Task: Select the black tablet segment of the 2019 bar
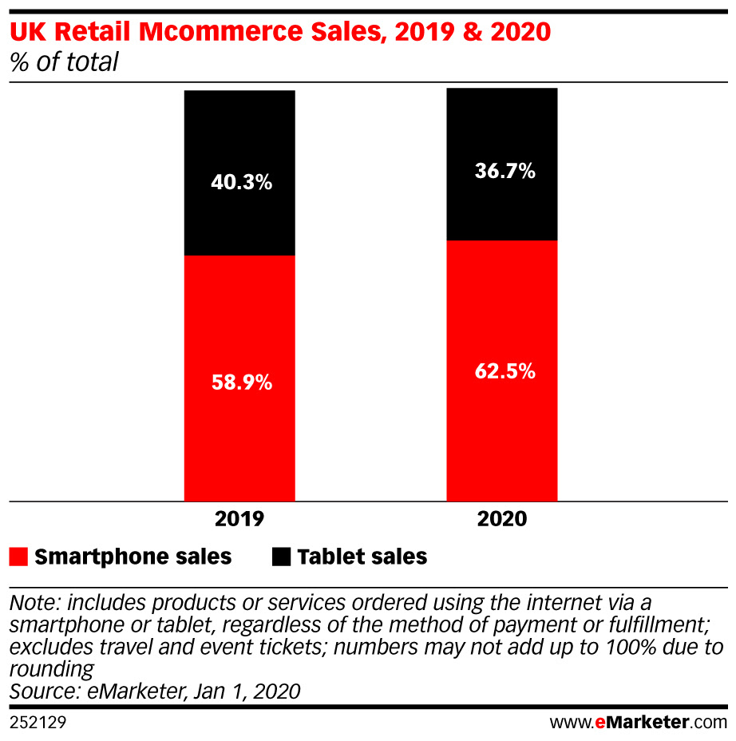[239, 136]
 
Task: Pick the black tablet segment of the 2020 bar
[501, 128]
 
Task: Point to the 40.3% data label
[239, 183]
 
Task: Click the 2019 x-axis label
[239, 519]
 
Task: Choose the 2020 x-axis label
[502, 519]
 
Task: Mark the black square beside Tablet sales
[281, 557]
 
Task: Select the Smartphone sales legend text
[133, 557]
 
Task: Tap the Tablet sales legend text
[362, 557]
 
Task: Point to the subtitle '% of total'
[64, 62]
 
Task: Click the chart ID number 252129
[38, 723]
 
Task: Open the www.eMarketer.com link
[638, 723]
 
